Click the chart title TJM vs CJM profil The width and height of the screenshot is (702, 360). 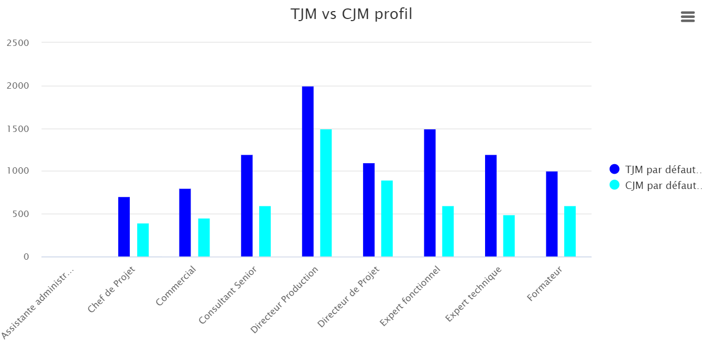tap(351, 14)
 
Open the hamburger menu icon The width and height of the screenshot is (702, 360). tap(688, 17)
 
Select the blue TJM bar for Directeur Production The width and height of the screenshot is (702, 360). tap(308, 172)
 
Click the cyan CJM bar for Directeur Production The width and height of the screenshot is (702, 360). tap(326, 193)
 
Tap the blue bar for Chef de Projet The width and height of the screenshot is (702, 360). tap(124, 227)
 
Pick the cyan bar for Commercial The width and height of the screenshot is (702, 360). tap(204, 238)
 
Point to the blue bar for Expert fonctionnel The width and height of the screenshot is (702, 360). tap(430, 193)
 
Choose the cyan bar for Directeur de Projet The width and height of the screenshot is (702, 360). tap(387, 219)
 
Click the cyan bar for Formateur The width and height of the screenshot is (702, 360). tap(570, 231)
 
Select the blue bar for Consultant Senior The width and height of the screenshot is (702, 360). tap(246, 206)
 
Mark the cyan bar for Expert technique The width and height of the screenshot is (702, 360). tap(509, 236)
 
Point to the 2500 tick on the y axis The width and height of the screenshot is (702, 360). tap(17, 43)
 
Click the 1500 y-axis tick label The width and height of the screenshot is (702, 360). tap(17, 129)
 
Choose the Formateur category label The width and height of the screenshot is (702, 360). tap(544, 285)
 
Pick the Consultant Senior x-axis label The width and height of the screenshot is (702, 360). tap(228, 295)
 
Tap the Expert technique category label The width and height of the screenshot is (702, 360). tap(473, 294)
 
